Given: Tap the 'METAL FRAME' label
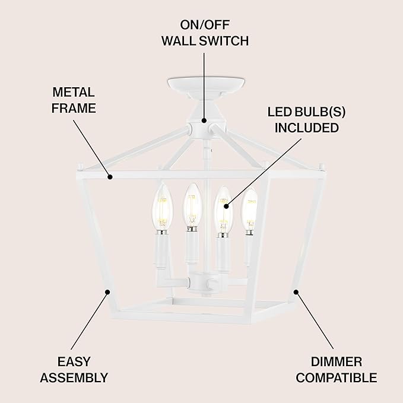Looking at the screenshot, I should point(74,100).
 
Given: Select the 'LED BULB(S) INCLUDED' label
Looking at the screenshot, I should point(303,119).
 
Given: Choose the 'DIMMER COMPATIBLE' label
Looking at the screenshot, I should point(337,369).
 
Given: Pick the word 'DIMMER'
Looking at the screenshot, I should point(337,361).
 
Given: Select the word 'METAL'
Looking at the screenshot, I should point(74,92).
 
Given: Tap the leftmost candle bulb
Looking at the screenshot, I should point(161,208).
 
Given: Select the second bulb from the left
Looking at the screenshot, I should point(192,205).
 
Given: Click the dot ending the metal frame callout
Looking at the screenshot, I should point(109,176).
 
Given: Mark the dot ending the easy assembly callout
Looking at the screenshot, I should point(107,291).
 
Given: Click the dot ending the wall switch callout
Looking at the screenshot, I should point(204,119).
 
